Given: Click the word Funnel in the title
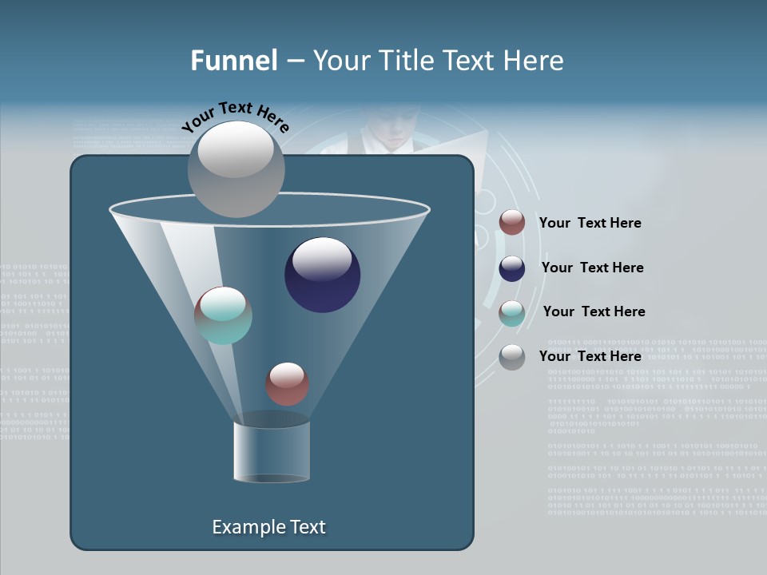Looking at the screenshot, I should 234,61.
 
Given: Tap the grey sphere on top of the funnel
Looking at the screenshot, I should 236,169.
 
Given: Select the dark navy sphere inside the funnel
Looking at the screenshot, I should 322,274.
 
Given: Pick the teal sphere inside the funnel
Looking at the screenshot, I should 223,315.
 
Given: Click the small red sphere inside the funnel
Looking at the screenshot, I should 287,383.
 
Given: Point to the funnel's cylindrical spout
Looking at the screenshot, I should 271,451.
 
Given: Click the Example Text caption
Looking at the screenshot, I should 268,527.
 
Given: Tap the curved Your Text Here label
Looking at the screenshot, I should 235,117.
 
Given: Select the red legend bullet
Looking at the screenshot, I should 511,223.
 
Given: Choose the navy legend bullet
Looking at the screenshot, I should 511,268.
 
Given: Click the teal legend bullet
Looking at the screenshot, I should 511,313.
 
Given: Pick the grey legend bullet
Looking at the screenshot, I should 511,357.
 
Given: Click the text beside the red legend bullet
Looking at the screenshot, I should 590,223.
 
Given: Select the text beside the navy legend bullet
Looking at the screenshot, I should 592,268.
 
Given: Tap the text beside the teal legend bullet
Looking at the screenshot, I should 594,311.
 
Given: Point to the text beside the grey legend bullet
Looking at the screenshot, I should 590,356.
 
